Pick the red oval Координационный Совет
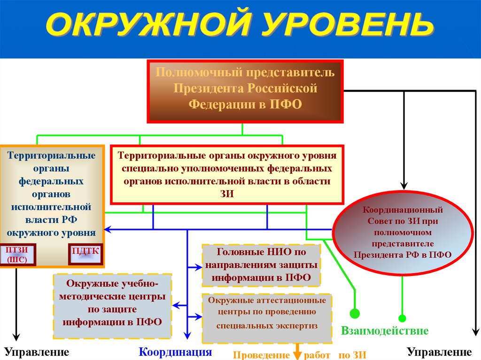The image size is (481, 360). (x=403, y=232)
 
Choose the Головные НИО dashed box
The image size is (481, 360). (x=261, y=265)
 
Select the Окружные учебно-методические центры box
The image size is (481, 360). (x=112, y=306)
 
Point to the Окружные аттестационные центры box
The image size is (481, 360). (x=267, y=318)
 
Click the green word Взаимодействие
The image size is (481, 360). (x=385, y=331)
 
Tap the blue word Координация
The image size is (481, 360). (x=175, y=352)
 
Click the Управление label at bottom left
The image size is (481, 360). (x=37, y=352)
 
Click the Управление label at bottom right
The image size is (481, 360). (x=439, y=352)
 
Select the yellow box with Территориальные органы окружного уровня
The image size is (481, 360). (x=227, y=174)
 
